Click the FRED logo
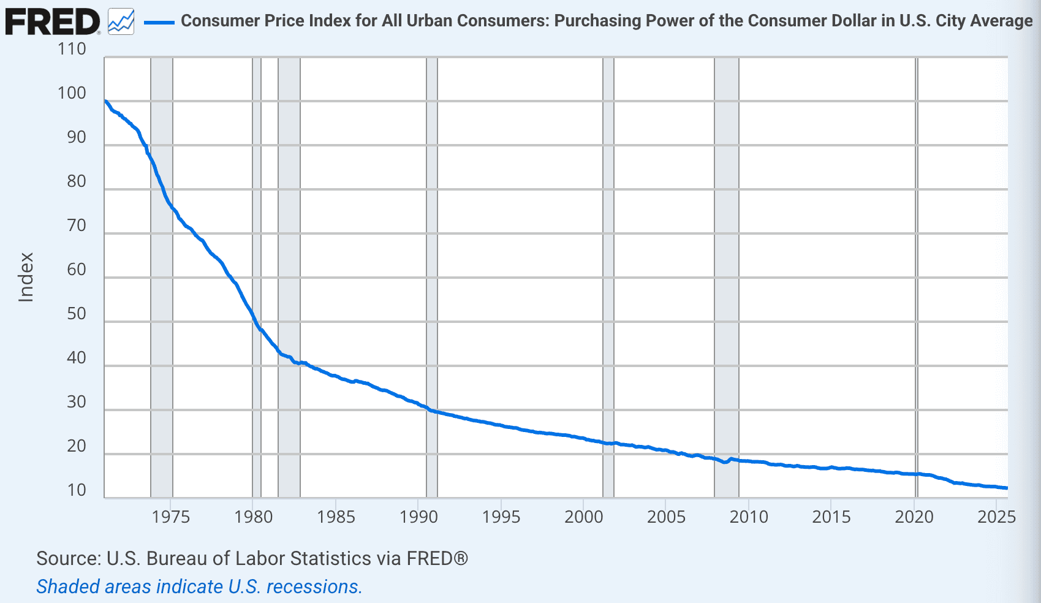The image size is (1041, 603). tap(52, 21)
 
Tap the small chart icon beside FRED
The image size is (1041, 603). tap(121, 22)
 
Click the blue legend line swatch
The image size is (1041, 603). tap(159, 23)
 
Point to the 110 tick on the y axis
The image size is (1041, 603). tap(72, 49)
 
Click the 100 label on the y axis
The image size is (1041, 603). tap(72, 93)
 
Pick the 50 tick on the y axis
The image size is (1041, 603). tap(76, 314)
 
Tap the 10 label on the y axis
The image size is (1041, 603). tap(76, 490)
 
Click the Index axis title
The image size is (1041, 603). tap(26, 277)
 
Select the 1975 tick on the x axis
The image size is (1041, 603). tap(171, 517)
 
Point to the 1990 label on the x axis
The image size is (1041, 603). tap(418, 517)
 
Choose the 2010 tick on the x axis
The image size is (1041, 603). tap(749, 517)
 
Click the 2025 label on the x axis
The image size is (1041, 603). tap(996, 517)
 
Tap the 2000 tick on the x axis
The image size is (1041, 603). tap(584, 517)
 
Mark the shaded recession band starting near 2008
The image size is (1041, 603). tap(727, 276)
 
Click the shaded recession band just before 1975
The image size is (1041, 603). tap(162, 276)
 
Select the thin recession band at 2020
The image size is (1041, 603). tap(917, 276)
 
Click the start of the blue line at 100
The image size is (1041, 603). tap(105, 101)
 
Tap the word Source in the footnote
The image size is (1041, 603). tap(68, 559)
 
